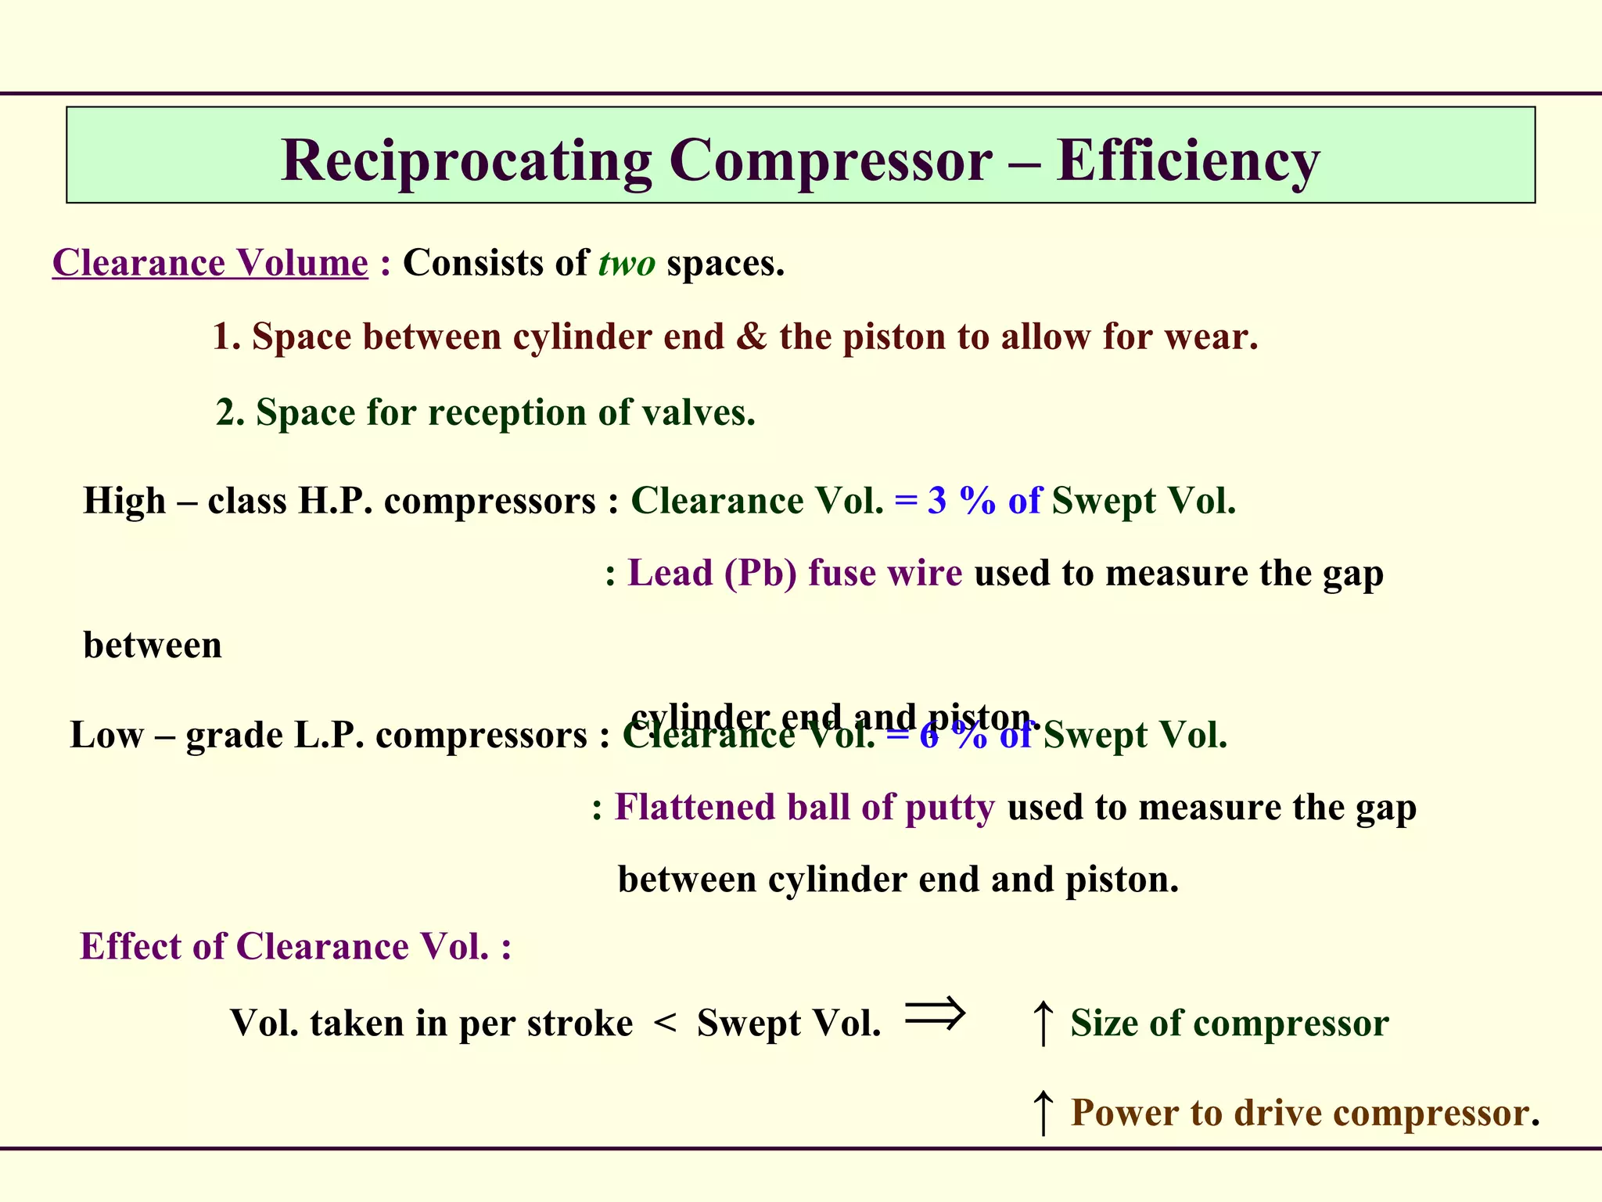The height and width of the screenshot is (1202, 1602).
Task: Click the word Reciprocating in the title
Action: pyautogui.click(x=466, y=161)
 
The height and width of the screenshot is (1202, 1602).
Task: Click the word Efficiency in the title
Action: pyautogui.click(x=1187, y=161)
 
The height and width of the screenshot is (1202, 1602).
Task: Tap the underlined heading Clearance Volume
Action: pyautogui.click(x=210, y=263)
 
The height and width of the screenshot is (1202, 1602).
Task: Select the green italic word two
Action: pyautogui.click(x=627, y=263)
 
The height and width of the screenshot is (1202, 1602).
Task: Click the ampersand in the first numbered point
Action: pyautogui.click(x=751, y=336)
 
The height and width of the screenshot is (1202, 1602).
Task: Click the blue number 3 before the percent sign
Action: pyautogui.click(x=936, y=501)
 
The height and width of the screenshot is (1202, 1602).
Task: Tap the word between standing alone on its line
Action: pyautogui.click(x=153, y=646)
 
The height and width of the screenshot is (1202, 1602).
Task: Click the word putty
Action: pyautogui.click(x=950, y=808)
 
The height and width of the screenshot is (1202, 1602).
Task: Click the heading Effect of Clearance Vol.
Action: pyautogui.click(x=296, y=946)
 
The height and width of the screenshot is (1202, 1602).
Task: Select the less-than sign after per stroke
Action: pyautogui.click(x=665, y=1022)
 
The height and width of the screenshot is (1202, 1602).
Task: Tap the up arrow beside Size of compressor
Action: pyautogui.click(x=1042, y=1022)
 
